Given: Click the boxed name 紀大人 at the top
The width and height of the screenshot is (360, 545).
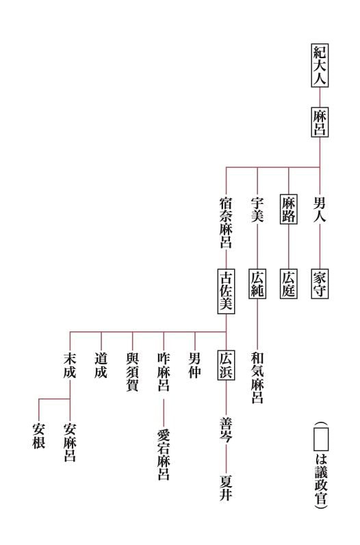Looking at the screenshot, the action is (320, 65).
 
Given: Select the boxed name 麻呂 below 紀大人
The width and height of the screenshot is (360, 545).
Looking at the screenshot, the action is (320, 122).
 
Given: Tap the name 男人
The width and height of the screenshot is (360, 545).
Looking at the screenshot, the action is (320, 210).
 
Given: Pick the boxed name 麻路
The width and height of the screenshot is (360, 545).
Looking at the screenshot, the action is (288, 210).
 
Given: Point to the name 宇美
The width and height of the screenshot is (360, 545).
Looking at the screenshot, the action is (257, 210).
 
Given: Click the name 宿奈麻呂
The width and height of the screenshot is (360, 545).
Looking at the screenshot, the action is (226, 223).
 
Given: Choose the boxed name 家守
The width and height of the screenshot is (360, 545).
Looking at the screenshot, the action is (320, 284).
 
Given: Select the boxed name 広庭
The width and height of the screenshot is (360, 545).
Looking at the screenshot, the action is (288, 284).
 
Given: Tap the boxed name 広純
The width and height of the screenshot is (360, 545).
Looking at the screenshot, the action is (257, 284).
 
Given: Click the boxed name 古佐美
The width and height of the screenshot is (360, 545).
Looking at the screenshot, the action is (226, 291).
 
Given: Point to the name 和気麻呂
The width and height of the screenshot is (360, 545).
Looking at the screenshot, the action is (257, 378).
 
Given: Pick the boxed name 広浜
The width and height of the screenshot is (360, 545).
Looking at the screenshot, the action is (226, 365).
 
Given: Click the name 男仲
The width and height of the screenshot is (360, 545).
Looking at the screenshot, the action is (194, 365).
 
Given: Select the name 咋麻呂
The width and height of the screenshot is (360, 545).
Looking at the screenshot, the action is (164, 372).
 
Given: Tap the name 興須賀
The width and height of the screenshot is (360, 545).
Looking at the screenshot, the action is (132, 372).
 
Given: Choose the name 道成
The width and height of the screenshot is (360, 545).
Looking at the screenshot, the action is (101, 365).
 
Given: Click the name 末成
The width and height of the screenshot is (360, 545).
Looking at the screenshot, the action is (70, 365).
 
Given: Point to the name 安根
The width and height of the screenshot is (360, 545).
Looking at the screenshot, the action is (38, 436).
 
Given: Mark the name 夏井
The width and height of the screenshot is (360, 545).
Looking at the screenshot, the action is (226, 488).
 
